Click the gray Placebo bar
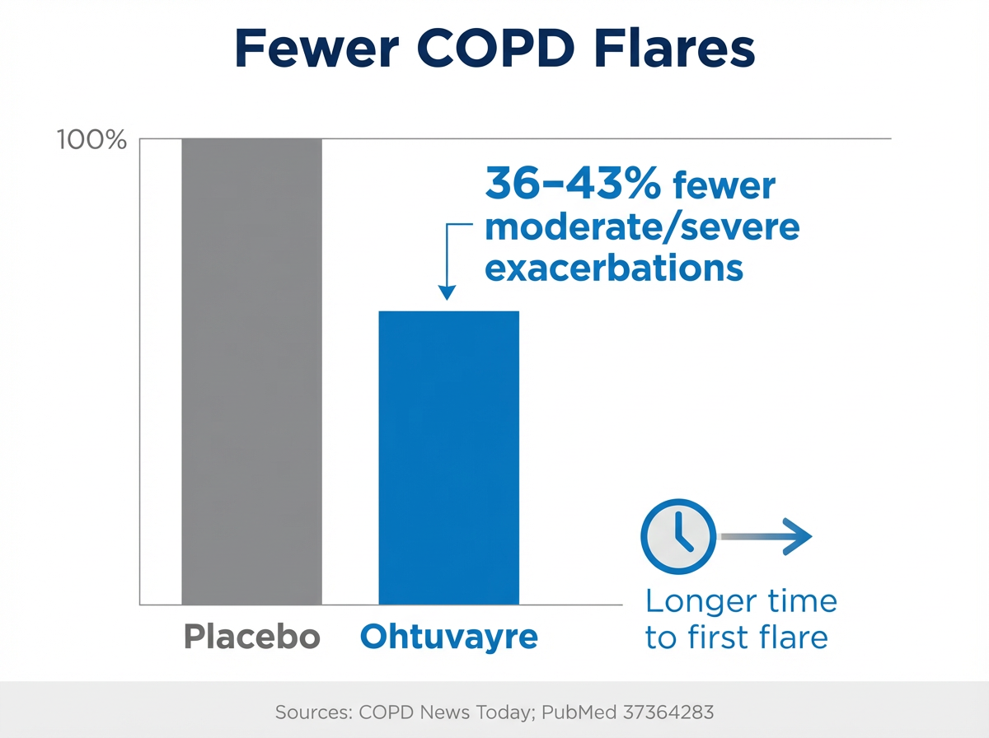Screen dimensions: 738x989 (x=251, y=371)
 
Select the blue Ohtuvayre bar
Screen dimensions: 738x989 (x=449, y=457)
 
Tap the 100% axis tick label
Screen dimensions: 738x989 (x=91, y=140)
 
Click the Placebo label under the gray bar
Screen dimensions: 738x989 (x=251, y=637)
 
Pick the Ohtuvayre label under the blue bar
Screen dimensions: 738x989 (x=449, y=637)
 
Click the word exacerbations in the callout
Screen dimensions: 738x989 (x=614, y=268)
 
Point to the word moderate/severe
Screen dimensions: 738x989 (x=642, y=227)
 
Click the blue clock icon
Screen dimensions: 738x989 (x=677, y=536)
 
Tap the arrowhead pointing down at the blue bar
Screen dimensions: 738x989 (x=447, y=292)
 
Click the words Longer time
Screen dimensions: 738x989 (x=741, y=601)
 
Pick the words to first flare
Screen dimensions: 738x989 (x=736, y=638)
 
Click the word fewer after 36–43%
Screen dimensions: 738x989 (x=724, y=187)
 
